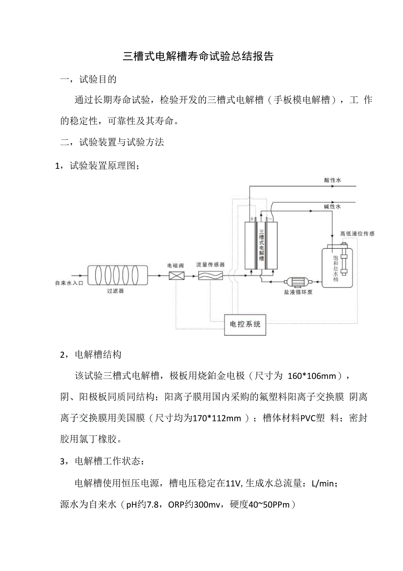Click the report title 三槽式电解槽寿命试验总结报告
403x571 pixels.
click(198, 57)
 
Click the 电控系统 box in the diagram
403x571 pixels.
click(245, 325)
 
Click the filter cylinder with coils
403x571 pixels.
click(117, 275)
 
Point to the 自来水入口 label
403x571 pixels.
click(69, 283)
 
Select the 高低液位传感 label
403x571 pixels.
click(357, 234)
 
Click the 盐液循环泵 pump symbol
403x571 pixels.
click(297, 281)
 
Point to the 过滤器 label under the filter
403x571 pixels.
click(115, 291)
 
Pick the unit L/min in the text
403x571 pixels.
click(323, 484)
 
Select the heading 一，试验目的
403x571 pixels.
click(88, 79)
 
